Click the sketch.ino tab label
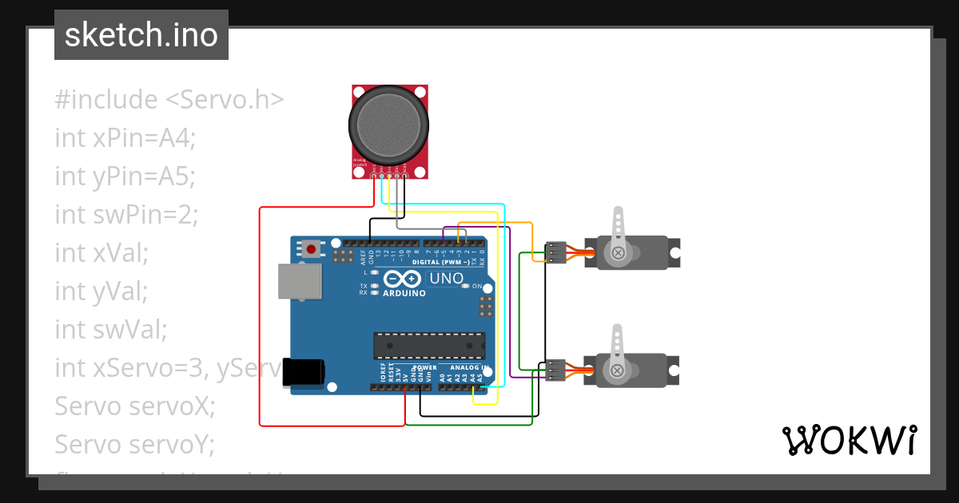point(141,35)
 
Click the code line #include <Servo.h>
point(169,100)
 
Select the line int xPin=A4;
point(125,137)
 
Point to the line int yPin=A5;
point(125,176)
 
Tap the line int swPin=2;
point(126,214)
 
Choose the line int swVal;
point(110,328)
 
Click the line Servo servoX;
point(134,406)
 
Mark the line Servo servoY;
point(134,444)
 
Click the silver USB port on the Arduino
point(300,282)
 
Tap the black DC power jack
point(304,372)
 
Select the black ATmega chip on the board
point(429,345)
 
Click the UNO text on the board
point(446,279)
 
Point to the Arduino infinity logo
point(402,279)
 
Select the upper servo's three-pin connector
point(555,252)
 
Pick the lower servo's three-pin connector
point(555,370)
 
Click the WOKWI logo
point(848,440)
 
